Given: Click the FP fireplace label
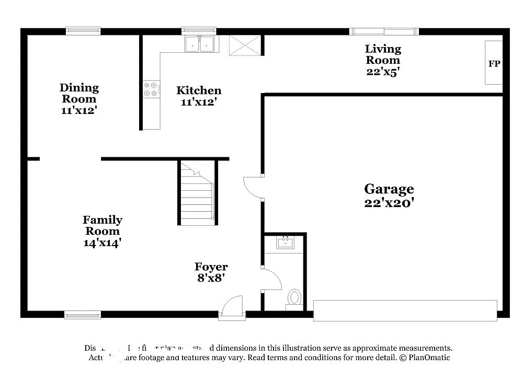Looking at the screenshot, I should (494, 64).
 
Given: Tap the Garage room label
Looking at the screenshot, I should (389, 189).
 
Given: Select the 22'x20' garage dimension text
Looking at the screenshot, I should (389, 203).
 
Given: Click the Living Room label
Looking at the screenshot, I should (383, 54).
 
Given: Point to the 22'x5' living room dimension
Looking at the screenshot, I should (383, 72).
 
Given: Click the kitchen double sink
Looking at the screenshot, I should (199, 44).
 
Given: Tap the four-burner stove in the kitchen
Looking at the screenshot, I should (151, 89).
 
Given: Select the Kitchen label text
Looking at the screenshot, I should (199, 90).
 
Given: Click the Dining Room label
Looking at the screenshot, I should (79, 93).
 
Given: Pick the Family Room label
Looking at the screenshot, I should (103, 225).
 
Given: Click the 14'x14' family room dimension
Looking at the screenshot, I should (103, 243).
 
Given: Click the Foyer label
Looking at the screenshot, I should (211, 267).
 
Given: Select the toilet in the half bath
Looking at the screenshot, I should (294, 298).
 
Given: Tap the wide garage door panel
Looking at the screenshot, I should (404, 310).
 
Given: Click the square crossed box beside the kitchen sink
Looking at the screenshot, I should (244, 45).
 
